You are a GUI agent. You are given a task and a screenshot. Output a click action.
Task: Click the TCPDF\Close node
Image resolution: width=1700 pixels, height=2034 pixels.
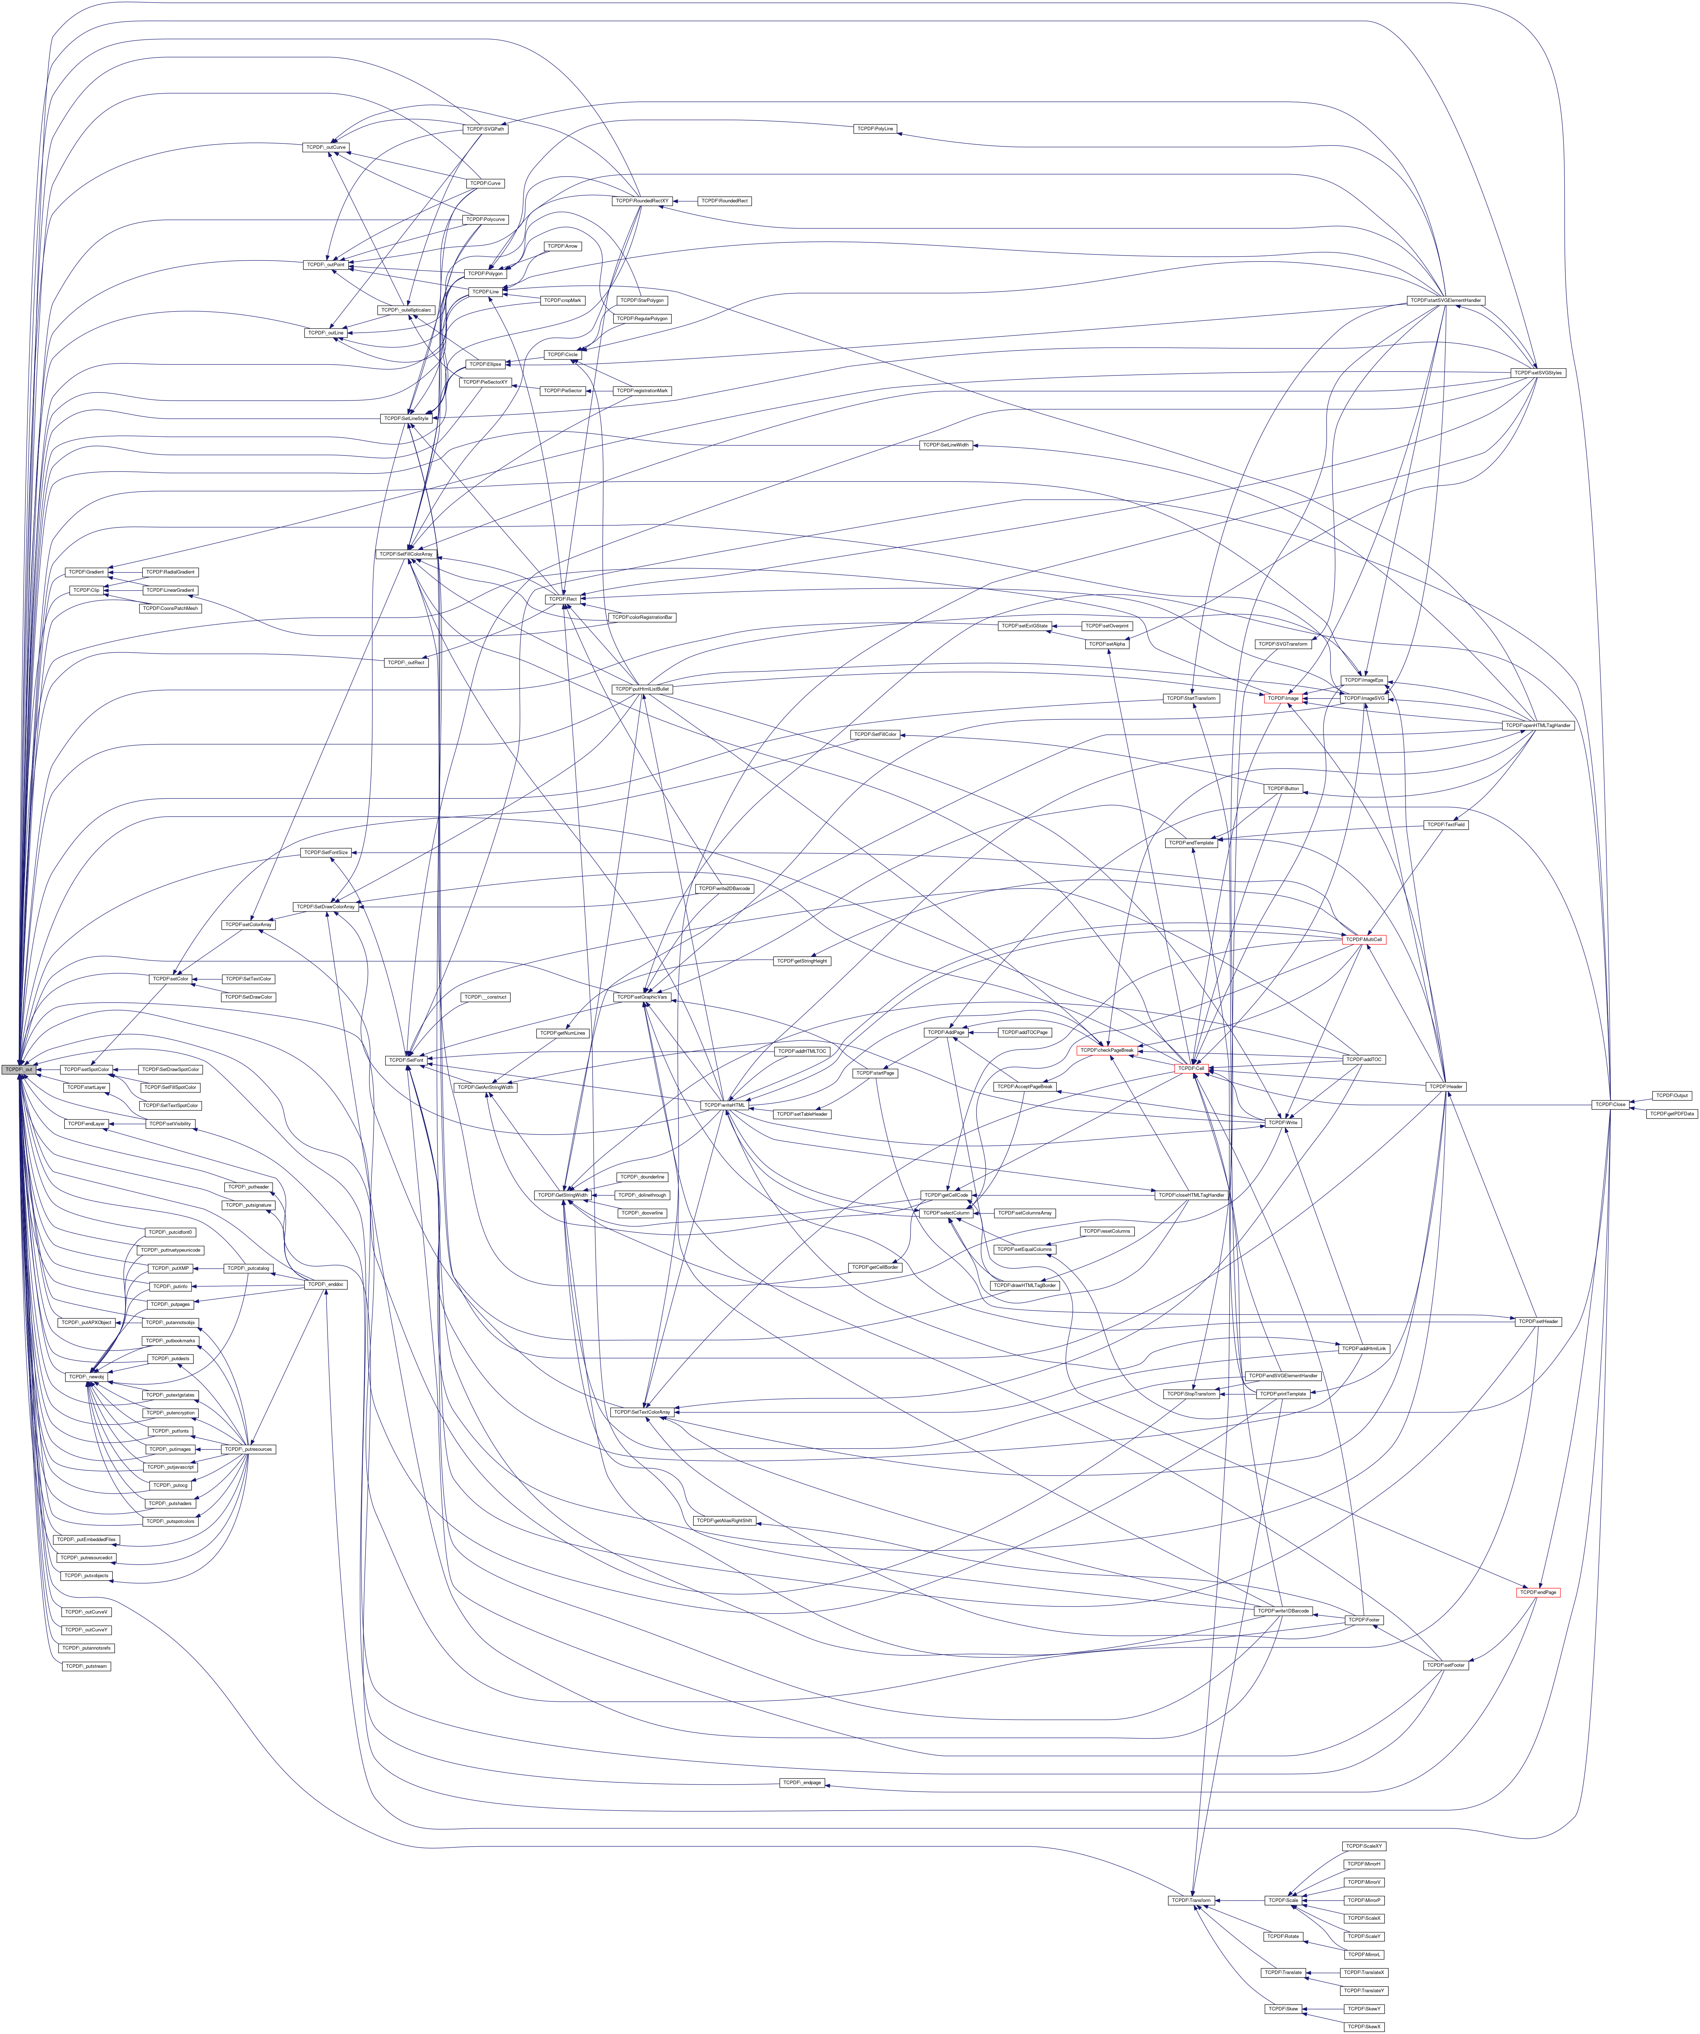tap(1609, 1104)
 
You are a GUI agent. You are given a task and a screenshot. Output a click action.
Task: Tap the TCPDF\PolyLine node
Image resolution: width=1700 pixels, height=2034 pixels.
tap(874, 129)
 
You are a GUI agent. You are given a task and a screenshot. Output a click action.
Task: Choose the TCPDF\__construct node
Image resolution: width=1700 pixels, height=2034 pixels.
tap(484, 997)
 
